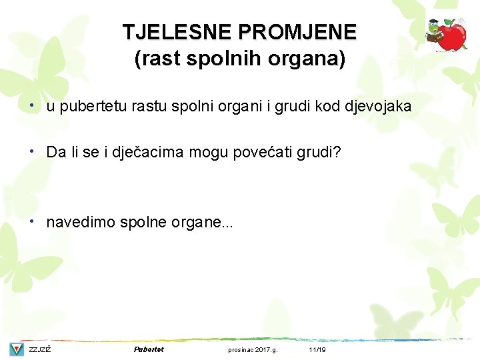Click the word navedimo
click(x=81, y=222)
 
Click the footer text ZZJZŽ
click(x=40, y=350)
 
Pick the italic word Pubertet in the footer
click(x=149, y=349)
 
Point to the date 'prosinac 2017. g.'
click(x=253, y=350)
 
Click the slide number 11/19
click(x=317, y=350)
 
